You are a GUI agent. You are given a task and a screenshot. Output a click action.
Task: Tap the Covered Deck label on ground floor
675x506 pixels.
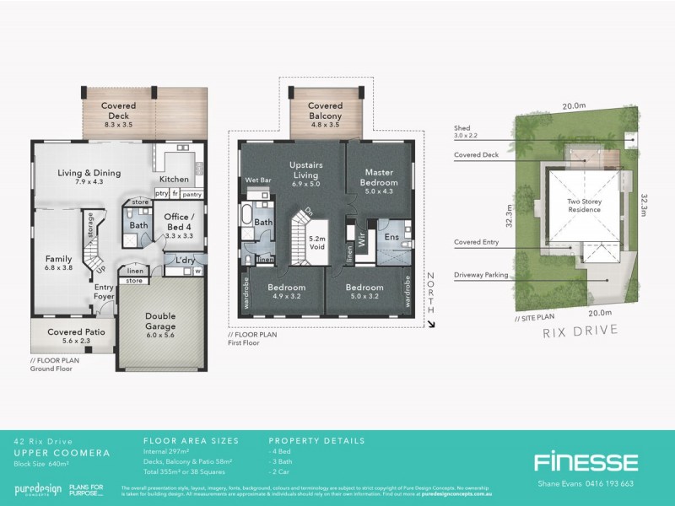[119, 106]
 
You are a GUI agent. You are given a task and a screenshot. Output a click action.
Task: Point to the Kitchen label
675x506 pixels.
[174, 179]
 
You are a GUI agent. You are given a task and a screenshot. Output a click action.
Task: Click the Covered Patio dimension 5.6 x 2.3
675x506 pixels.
[76, 342]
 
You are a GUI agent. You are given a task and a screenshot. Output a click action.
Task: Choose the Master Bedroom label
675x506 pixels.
[380, 178]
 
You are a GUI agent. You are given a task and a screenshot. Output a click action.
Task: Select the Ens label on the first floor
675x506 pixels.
[391, 238]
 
